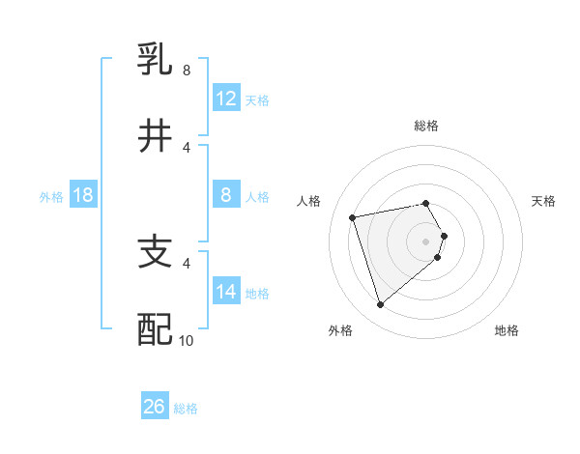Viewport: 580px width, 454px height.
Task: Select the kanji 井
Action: pyautogui.click(x=155, y=136)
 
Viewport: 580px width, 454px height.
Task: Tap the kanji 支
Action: pyautogui.click(x=155, y=252)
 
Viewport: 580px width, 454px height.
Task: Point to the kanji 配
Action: pyautogui.click(x=155, y=329)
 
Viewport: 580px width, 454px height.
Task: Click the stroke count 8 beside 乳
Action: pyautogui.click(x=186, y=71)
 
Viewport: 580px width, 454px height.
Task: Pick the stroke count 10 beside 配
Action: pyautogui.click(x=187, y=340)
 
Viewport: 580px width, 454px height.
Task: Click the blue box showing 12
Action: pyautogui.click(x=226, y=98)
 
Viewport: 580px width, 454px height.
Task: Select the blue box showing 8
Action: pyautogui.click(x=226, y=195)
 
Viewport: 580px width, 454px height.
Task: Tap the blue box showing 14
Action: pyautogui.click(x=226, y=292)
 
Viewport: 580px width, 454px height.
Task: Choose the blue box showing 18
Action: pyautogui.click(x=83, y=195)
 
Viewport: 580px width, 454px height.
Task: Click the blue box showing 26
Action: pyautogui.click(x=155, y=407)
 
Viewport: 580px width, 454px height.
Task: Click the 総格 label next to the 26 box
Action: pyautogui.click(x=186, y=409)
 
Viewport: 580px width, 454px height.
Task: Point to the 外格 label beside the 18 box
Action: pyautogui.click(x=51, y=197)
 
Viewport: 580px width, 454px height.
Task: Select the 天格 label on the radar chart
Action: pyautogui.click(x=543, y=201)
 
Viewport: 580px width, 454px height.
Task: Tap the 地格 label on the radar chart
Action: pyautogui.click(x=507, y=330)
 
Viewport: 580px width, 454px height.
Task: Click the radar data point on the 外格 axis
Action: pyautogui.click(x=380, y=305)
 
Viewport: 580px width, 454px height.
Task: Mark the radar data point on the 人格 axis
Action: pyautogui.click(x=353, y=216)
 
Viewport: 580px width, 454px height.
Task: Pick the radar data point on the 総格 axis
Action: pyautogui.click(x=425, y=203)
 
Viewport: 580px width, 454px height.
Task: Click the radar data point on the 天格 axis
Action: pyautogui.click(x=444, y=235)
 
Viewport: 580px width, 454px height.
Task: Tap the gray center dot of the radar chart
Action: pyautogui.click(x=425, y=241)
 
